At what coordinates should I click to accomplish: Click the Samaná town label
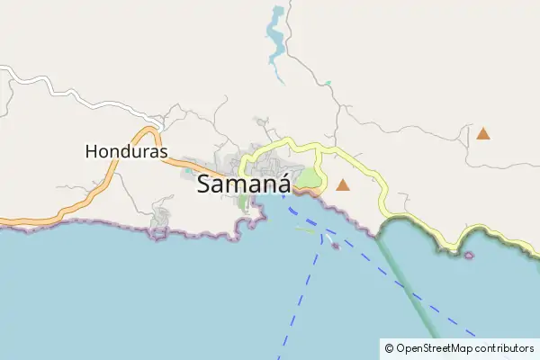(243, 184)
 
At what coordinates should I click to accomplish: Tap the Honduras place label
(127, 152)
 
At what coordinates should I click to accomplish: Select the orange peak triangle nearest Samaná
(342, 185)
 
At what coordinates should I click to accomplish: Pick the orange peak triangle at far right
(483, 134)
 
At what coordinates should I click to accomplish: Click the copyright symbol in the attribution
(389, 347)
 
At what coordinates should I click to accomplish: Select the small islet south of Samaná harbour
(335, 245)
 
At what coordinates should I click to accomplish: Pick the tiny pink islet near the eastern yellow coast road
(469, 256)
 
